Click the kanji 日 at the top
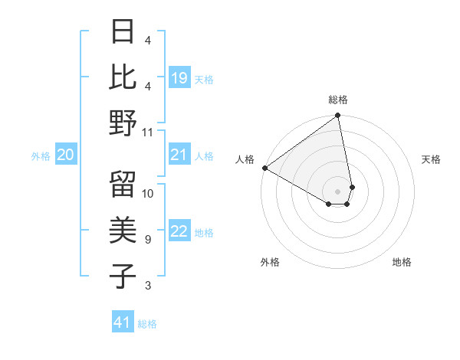click(123, 31)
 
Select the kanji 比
click(123, 77)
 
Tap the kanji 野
click(123, 123)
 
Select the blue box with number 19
click(179, 78)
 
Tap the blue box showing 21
click(179, 155)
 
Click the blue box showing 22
click(179, 232)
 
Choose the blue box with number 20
click(66, 155)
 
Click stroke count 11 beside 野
click(148, 132)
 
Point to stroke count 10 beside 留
click(148, 193)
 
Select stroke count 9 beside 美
click(148, 240)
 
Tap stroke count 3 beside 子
click(148, 286)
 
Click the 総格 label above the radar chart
click(338, 100)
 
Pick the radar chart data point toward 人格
click(264, 168)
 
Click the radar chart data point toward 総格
click(337, 116)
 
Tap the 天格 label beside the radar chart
click(432, 159)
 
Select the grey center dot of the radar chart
click(338, 190)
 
